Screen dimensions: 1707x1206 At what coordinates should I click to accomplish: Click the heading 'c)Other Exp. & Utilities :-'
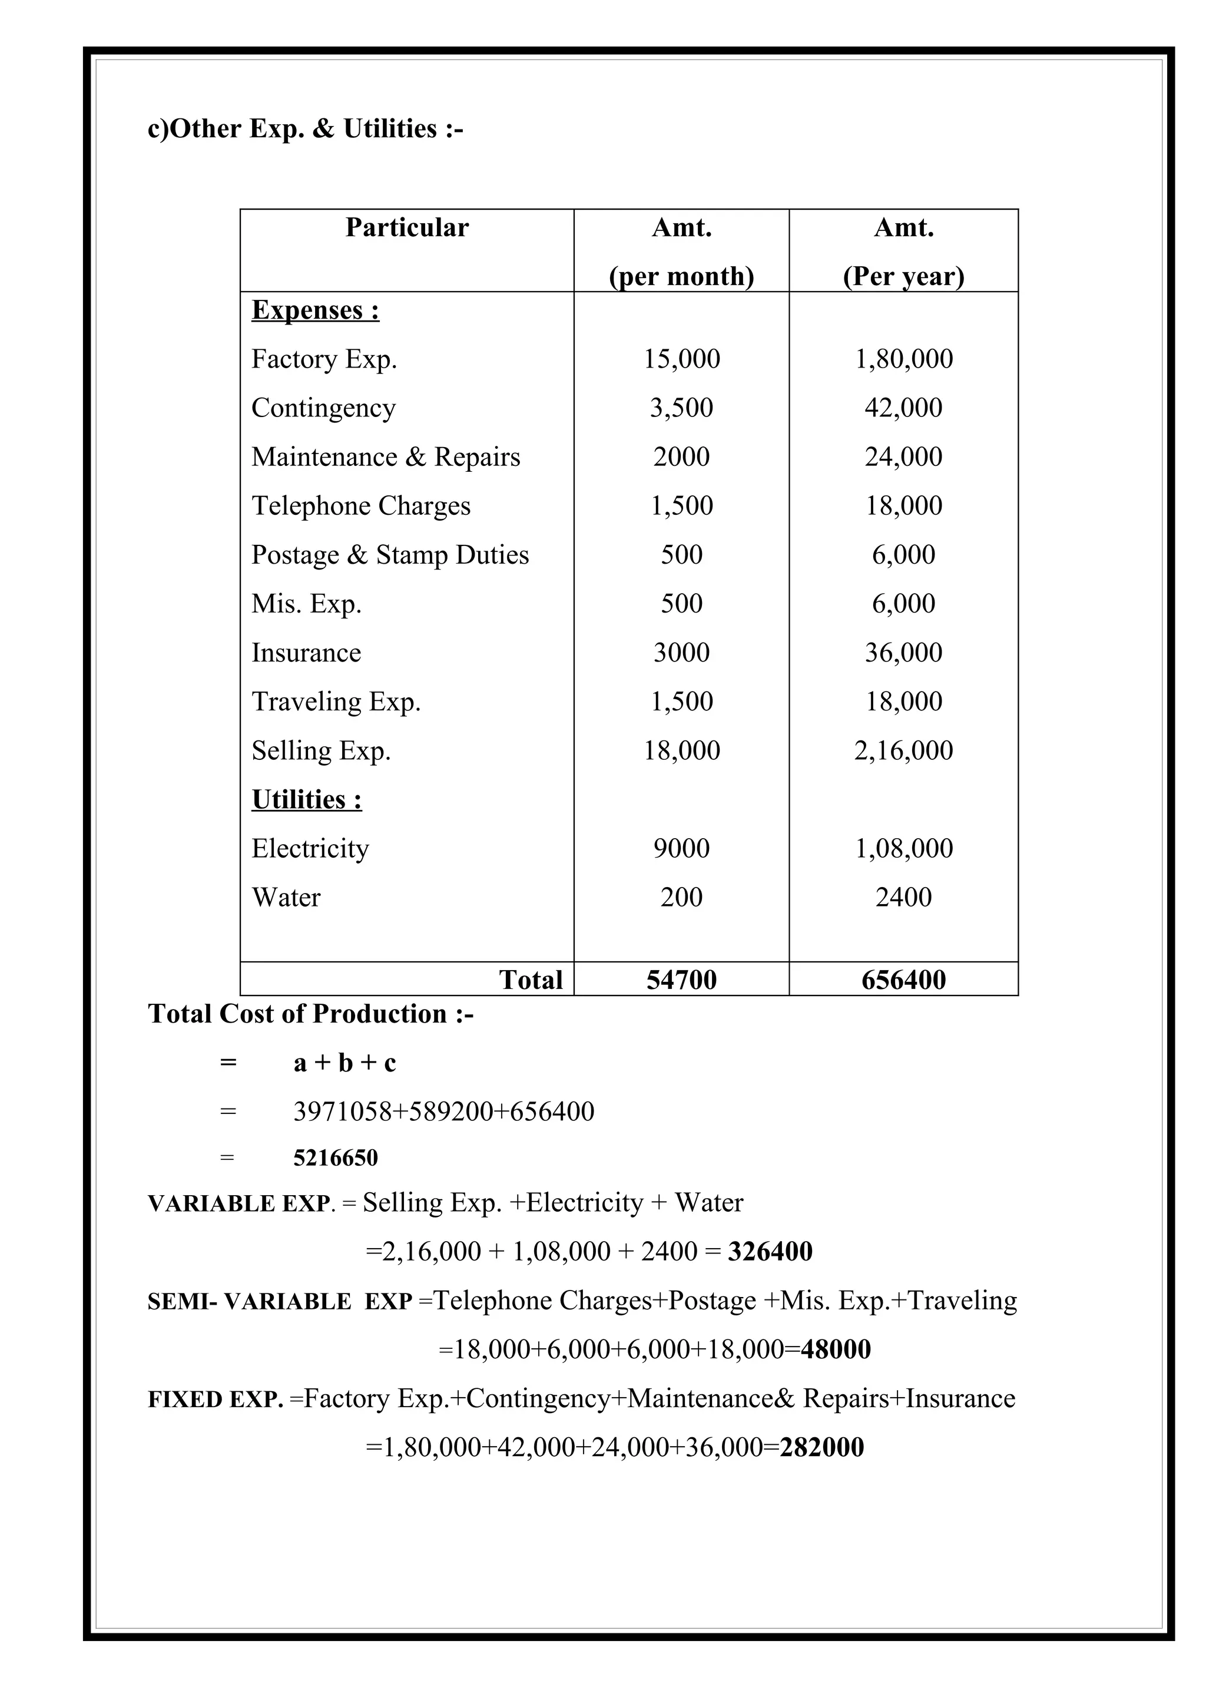(306, 130)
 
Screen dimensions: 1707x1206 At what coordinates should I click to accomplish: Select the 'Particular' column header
(406, 227)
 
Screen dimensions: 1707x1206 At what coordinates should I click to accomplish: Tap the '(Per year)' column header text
(903, 277)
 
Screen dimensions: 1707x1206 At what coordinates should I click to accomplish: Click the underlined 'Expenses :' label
(315, 310)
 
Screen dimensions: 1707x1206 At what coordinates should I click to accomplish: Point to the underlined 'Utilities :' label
(307, 799)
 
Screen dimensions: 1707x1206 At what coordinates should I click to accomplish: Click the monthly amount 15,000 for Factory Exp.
(681, 359)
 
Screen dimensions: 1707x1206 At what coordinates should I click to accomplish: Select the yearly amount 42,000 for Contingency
(903, 408)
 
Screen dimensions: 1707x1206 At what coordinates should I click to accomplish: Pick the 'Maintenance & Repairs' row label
(386, 457)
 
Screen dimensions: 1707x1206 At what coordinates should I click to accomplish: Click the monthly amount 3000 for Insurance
(681, 653)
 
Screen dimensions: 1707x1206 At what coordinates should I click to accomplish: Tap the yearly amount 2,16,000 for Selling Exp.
(903, 751)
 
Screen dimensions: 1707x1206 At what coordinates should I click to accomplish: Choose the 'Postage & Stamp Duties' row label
(390, 555)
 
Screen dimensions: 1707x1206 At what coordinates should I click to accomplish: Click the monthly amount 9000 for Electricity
(681, 848)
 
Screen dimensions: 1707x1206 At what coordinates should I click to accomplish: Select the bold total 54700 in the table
(681, 980)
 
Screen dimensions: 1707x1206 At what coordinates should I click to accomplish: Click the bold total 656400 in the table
(903, 980)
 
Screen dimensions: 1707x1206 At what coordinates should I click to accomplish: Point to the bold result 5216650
(335, 1157)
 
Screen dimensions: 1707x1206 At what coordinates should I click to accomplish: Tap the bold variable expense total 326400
(770, 1252)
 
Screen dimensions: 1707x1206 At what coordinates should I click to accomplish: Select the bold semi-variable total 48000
(836, 1349)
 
